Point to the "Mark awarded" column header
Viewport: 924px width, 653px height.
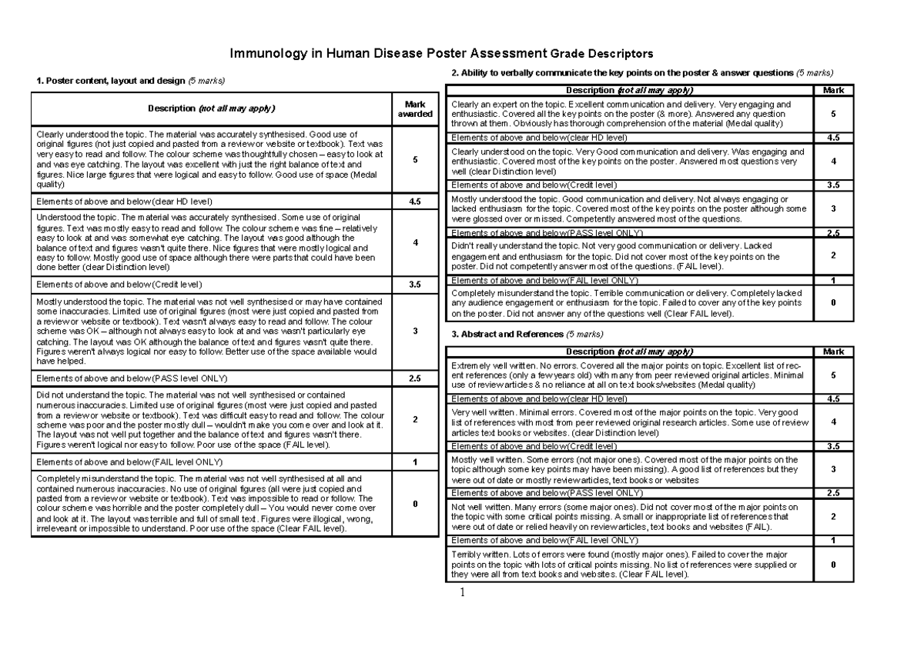(414, 108)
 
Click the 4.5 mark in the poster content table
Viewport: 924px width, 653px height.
(414, 202)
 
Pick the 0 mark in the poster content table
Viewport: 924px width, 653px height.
(414, 504)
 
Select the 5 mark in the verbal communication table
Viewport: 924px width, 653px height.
(832, 115)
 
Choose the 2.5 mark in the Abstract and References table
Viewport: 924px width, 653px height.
(832, 493)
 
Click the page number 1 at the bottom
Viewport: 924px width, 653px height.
(463, 592)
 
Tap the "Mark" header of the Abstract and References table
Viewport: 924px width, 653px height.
(832, 351)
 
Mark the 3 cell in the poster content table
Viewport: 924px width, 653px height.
(414, 331)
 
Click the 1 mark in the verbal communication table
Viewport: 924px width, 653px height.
(832, 280)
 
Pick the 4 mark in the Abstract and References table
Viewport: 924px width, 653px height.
(832, 422)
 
